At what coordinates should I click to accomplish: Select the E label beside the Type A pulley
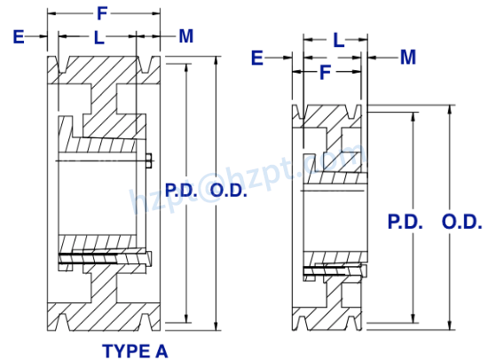(19, 36)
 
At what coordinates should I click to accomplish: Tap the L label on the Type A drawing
(98, 36)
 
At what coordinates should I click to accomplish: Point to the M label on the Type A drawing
(185, 36)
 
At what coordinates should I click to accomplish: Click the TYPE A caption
(135, 350)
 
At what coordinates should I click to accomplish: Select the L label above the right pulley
(338, 39)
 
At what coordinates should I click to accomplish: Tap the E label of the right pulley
(257, 59)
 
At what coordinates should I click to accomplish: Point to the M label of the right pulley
(407, 59)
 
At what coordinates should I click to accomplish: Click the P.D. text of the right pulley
(407, 222)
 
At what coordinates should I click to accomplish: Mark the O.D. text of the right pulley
(461, 222)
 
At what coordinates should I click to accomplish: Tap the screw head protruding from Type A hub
(147, 160)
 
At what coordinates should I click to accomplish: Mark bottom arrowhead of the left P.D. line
(186, 321)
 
